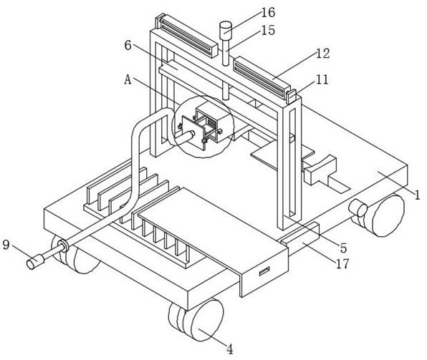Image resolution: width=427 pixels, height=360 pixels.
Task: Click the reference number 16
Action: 268,12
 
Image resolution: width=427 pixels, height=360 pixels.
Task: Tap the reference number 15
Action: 268,30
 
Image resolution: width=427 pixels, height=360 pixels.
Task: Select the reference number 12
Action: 323,54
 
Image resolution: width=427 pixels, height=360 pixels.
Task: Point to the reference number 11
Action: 322,79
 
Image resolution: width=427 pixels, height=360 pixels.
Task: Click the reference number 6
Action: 128,45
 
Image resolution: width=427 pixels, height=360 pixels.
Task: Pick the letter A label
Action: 128,80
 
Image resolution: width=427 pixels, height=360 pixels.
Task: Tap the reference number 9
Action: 6,245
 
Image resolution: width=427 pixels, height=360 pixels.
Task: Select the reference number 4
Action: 230,349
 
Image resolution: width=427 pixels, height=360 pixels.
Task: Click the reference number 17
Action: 342,263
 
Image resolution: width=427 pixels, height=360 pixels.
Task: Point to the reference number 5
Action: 343,248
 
